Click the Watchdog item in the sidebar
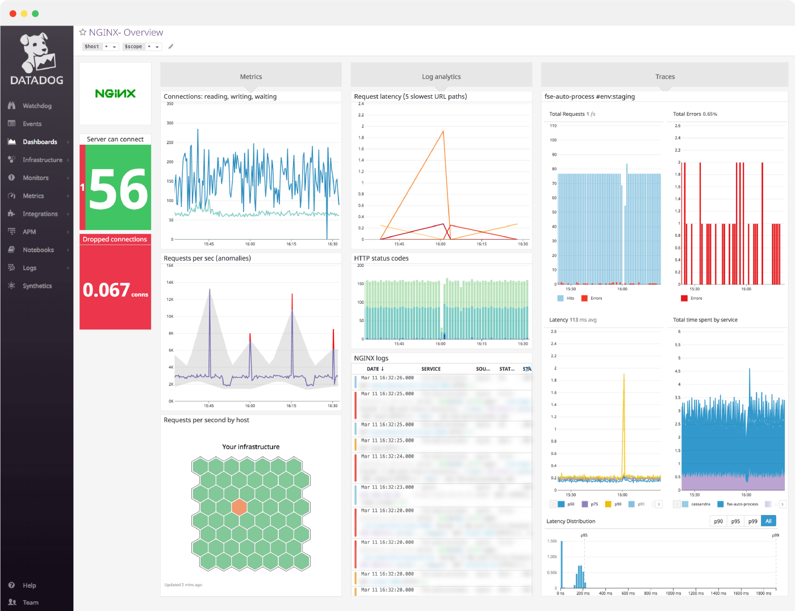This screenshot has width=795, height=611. click(36, 106)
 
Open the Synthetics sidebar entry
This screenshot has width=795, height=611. click(37, 286)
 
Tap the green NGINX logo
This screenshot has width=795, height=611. click(115, 94)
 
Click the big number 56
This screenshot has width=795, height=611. click(119, 190)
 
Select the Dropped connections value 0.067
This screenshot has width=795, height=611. click(107, 290)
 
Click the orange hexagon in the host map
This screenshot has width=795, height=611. click(240, 507)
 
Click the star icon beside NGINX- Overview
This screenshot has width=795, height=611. click(83, 32)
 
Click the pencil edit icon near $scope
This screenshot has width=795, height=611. click(171, 47)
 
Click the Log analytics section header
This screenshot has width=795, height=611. click(441, 77)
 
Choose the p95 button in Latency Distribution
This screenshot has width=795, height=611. click(735, 521)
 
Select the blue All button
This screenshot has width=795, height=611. click(768, 521)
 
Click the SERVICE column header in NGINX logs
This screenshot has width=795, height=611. click(430, 369)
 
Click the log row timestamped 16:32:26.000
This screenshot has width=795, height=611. click(387, 378)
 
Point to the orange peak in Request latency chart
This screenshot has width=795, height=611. click(443, 132)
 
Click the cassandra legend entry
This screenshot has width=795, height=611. click(700, 504)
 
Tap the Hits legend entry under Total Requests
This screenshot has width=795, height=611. click(570, 298)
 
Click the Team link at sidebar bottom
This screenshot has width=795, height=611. click(31, 602)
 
